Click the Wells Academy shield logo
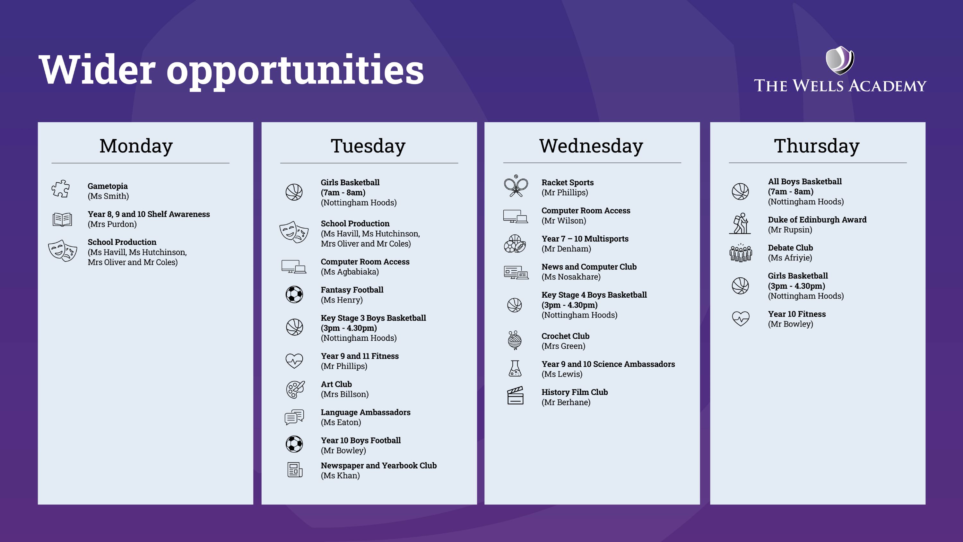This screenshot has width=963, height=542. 840,60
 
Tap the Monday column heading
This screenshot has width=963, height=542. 136,146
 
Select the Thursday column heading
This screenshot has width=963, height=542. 817,146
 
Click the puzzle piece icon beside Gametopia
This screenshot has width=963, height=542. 61,189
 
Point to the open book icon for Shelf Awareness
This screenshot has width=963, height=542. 62,220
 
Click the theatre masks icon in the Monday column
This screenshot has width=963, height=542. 62,251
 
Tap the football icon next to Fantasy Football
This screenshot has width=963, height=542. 295,294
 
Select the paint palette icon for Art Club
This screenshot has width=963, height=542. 295,389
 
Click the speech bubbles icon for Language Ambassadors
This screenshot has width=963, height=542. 295,417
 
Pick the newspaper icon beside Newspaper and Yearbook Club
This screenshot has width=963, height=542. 295,470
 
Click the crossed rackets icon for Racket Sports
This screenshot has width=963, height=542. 516,186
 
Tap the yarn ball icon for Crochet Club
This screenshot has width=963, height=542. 515,340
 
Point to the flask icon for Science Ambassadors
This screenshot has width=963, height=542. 515,368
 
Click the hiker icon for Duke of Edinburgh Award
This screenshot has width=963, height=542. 740,224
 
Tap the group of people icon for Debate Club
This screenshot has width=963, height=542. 741,253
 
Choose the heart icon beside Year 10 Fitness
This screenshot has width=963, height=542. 741,319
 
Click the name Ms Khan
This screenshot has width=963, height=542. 340,476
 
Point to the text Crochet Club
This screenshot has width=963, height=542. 565,336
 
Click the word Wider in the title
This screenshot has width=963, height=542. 97,70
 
